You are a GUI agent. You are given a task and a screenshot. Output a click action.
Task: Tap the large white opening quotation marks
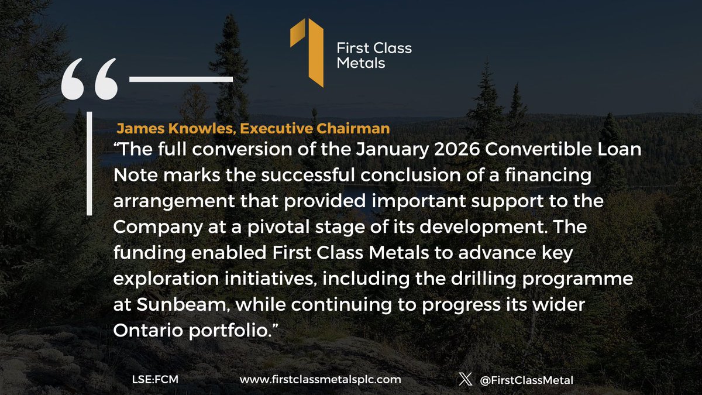90,79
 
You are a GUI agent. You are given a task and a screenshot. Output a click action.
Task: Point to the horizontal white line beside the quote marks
181,80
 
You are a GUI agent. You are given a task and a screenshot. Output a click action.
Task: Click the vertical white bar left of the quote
90,163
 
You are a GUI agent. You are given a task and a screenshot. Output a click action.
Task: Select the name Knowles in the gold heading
202,129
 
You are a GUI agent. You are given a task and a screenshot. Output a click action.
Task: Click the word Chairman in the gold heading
353,129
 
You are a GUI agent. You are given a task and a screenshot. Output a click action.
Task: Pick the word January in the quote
392,150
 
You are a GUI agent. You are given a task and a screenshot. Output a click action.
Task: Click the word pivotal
278,228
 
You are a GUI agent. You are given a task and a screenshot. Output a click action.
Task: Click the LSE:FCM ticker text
155,380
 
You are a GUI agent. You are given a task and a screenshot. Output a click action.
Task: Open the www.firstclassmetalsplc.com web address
321,380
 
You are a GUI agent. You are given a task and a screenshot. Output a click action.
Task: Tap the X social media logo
466,379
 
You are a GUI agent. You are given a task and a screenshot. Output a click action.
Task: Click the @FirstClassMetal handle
526,380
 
